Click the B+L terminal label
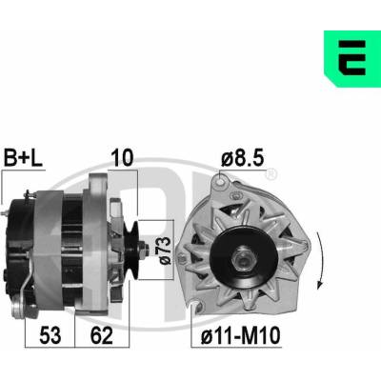click(x=23, y=158)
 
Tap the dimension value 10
click(x=122, y=158)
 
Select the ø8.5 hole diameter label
click(x=243, y=157)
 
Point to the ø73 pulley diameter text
click(x=165, y=251)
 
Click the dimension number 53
click(x=50, y=336)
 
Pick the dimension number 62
click(x=102, y=336)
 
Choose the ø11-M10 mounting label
click(x=241, y=336)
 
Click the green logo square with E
click(x=352, y=59)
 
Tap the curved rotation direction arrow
click(x=321, y=260)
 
